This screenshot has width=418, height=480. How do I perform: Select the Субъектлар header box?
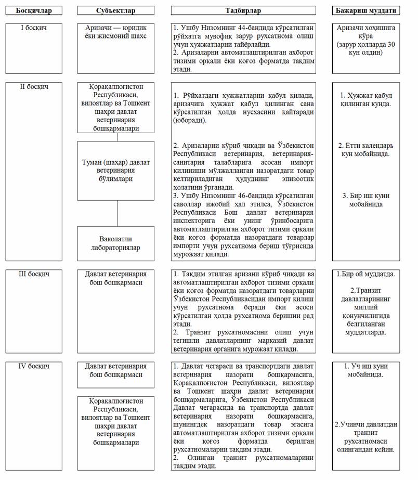point(116,10)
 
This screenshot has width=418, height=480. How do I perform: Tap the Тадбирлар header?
point(243,10)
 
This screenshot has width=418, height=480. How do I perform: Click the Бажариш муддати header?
point(366,10)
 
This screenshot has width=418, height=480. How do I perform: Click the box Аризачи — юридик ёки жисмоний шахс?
point(116,32)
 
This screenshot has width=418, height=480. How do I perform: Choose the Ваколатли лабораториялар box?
point(116,243)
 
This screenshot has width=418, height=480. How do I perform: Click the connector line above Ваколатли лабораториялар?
point(116,213)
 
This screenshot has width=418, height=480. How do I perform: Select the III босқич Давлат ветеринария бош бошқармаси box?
point(116,278)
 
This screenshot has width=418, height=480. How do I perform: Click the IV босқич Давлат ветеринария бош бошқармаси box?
point(116,370)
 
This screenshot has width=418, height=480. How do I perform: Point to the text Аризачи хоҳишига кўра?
point(366,32)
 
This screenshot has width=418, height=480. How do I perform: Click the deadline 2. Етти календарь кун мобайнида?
point(366,149)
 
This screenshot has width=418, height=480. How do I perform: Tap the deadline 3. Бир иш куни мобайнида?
point(366,200)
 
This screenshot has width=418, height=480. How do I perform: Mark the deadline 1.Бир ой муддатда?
point(366,274)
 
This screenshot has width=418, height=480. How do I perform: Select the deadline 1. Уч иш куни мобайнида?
point(366,370)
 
